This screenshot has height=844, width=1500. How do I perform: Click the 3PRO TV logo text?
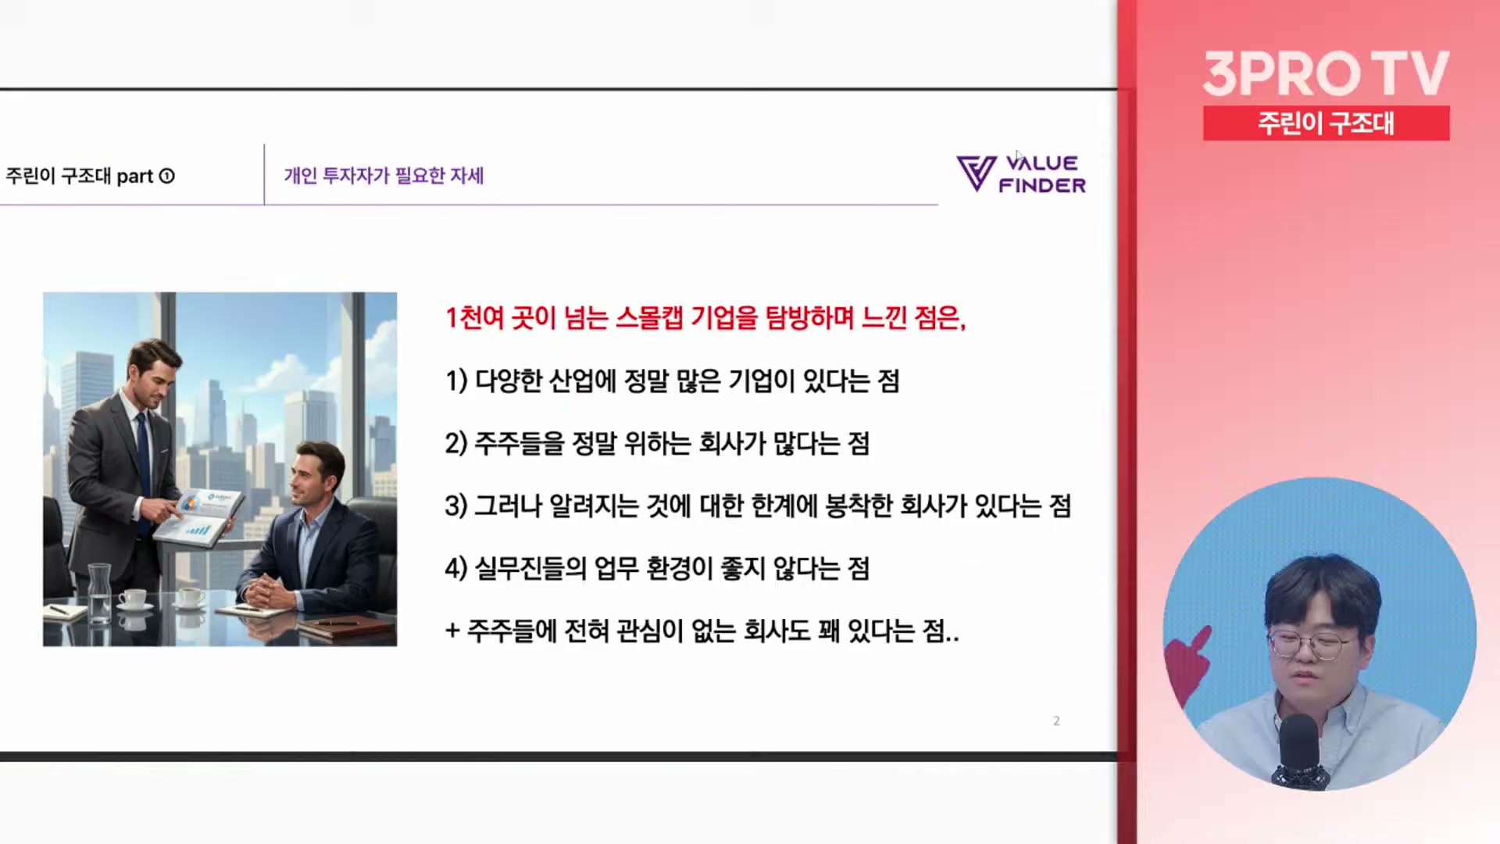(1326, 73)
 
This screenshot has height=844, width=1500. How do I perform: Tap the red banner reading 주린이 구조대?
(1326, 123)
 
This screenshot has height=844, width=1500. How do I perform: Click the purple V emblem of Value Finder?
(976, 173)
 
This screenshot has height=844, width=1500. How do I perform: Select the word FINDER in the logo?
(1042, 185)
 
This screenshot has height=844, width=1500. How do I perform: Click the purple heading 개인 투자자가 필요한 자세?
(384, 175)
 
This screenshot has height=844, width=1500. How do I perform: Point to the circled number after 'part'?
(166, 176)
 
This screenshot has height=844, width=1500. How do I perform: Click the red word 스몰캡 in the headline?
(649, 318)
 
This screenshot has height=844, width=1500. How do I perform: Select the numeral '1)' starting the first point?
(456, 381)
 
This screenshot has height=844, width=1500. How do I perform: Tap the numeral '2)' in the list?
(456, 444)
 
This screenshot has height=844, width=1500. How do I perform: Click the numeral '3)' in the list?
(456, 506)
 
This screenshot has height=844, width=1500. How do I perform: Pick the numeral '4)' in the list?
(456, 569)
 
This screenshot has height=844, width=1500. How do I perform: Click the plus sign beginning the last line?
(452, 630)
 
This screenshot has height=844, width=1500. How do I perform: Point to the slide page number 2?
(1056, 721)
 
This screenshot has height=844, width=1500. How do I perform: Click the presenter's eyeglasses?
(1309, 646)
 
